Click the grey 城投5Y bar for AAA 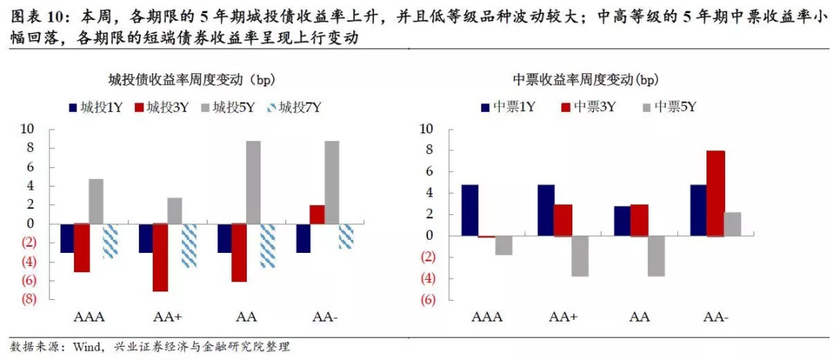coord(96,201)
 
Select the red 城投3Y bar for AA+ coord(160,257)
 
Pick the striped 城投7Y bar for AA coord(268,246)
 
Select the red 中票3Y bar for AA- coord(716,193)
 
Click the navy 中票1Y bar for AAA coord(470,210)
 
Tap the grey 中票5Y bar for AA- coord(733,224)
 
